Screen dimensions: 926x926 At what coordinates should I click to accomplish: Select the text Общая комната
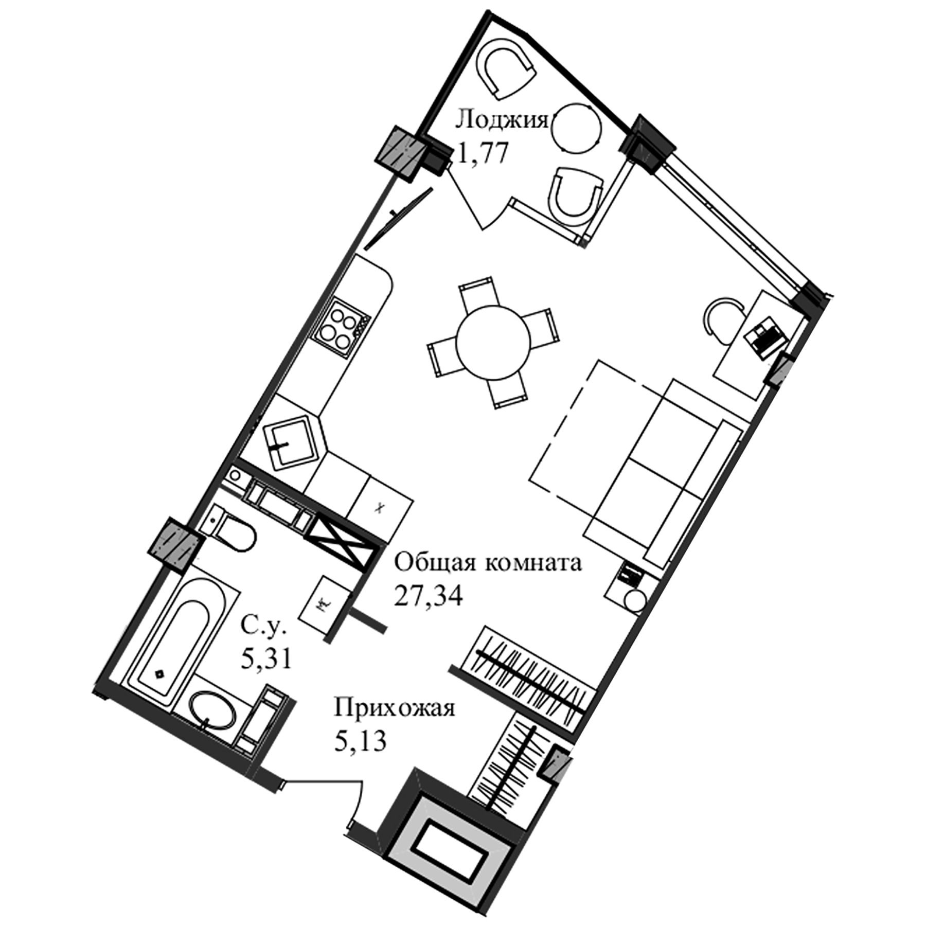488,563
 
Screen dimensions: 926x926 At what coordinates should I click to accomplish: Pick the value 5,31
266,658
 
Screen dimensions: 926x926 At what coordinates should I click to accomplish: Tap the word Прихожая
395,708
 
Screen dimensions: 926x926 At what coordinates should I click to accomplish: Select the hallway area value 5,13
360,741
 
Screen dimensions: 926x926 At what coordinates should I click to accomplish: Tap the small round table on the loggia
576,129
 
